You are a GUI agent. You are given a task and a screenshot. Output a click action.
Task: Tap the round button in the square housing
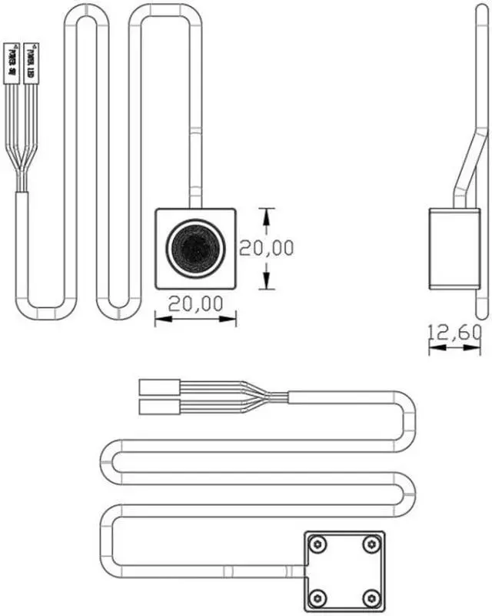195,248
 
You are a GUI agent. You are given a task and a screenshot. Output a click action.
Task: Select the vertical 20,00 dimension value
267,248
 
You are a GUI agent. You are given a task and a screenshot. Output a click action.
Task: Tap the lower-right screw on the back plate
371,596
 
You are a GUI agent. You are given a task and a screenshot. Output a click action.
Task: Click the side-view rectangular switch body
453,249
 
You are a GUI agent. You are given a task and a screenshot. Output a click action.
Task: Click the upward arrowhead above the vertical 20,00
266,214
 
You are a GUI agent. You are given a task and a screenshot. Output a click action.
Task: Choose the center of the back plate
345,571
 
